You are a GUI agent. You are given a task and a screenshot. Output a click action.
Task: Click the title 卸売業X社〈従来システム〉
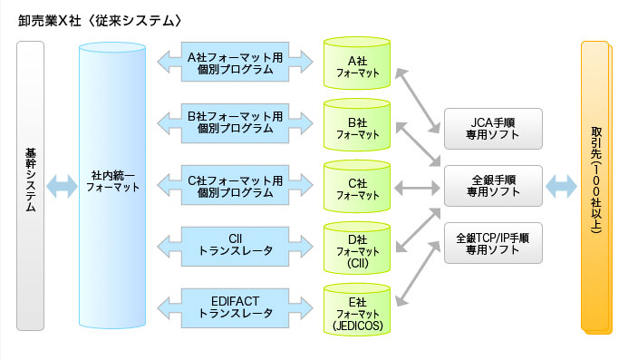pyautogui.click(x=105, y=20)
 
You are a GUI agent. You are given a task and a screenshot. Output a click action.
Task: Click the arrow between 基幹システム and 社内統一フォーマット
pyautogui.click(x=63, y=188)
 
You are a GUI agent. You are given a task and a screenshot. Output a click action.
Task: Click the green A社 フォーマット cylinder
pyautogui.click(x=357, y=65)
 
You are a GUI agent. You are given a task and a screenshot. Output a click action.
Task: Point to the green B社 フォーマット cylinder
pyautogui.click(x=357, y=126)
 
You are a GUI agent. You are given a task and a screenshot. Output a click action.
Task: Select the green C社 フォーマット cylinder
pyautogui.click(x=357, y=189)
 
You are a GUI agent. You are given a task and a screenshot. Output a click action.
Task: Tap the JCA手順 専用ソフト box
pyautogui.click(x=493, y=129)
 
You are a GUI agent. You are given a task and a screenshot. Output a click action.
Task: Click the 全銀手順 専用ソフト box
pyautogui.click(x=493, y=186)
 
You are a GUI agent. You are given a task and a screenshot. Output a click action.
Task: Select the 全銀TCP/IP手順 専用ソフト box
pyautogui.click(x=493, y=243)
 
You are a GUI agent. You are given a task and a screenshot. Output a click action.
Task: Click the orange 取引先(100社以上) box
pyautogui.click(x=597, y=187)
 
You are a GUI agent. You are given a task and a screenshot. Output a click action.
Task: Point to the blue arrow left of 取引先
pyautogui.click(x=561, y=188)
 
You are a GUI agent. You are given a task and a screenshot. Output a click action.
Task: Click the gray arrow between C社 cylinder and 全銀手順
pyautogui.click(x=413, y=188)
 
